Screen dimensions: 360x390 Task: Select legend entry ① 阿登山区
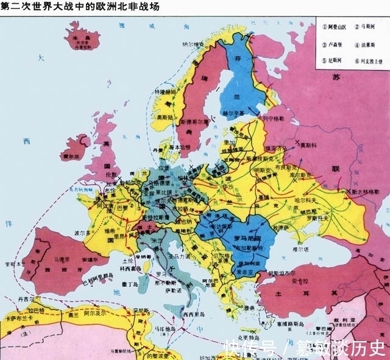coord(333,28)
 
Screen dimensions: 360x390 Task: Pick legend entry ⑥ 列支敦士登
coord(370,62)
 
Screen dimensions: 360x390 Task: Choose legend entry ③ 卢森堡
coord(332,44)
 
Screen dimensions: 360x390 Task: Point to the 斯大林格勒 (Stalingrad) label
coord(370,191)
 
